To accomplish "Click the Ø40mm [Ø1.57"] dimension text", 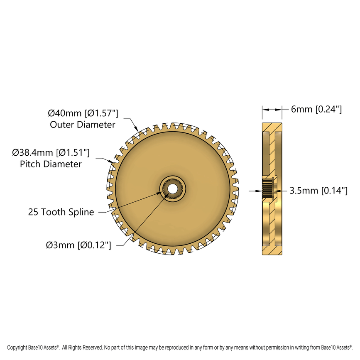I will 83,113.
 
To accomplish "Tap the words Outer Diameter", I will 83,124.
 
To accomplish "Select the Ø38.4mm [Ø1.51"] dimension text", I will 51,152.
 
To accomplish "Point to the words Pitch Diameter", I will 51,164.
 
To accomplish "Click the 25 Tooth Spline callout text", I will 61,212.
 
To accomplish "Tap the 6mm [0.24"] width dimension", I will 316,110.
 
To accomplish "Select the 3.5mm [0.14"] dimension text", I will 318,191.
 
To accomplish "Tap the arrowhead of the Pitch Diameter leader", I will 113,161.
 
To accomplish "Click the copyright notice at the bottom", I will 180,347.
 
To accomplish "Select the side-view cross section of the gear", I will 272,189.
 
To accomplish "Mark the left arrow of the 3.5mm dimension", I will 258,191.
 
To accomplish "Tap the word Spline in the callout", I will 82,212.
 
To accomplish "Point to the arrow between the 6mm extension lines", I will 272,110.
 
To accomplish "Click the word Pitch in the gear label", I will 29,164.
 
